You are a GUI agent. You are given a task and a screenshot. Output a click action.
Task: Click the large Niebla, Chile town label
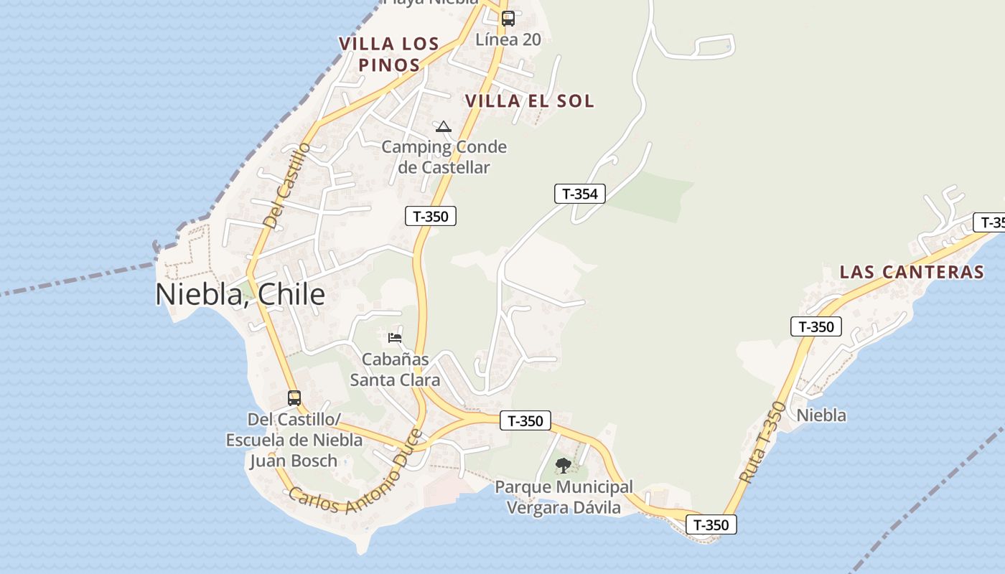point(240,294)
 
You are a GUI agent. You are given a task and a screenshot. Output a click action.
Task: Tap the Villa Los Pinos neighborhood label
point(389,54)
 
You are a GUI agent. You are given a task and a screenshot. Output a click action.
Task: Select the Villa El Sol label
point(530,101)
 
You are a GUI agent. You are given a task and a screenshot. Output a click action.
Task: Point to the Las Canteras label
point(912,272)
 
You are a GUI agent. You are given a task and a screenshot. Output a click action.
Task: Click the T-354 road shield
point(580,194)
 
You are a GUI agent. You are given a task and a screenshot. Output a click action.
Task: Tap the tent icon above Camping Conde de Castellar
point(444,127)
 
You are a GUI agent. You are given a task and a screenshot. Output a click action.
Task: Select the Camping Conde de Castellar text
point(444,157)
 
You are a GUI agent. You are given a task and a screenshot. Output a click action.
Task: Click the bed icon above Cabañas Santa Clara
point(395,337)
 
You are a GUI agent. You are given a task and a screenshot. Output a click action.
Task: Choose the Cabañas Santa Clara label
point(395,369)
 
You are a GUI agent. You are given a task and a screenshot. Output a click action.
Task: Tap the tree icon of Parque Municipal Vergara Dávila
point(564,465)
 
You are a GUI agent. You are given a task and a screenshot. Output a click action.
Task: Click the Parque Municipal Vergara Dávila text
point(564,497)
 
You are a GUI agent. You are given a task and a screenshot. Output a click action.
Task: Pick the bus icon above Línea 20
point(508,19)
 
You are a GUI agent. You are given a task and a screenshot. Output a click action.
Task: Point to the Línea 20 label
point(508,39)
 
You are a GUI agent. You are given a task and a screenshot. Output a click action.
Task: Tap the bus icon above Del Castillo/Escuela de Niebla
point(294,398)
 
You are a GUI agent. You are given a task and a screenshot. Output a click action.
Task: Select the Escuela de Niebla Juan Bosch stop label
point(294,439)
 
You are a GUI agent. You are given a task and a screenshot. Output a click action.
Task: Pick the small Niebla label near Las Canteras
point(821,415)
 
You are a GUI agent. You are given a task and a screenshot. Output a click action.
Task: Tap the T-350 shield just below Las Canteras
point(816,327)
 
